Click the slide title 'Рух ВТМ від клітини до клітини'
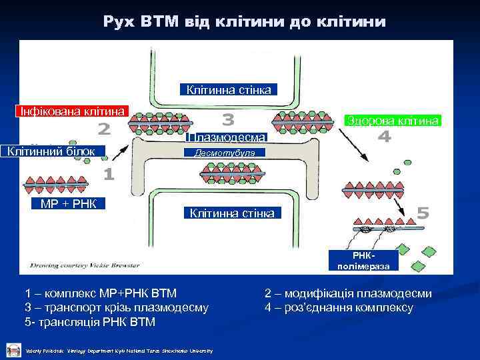coord(244,22)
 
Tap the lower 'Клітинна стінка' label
coord(231,213)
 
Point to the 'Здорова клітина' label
coord(392,121)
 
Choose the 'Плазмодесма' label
coord(227,137)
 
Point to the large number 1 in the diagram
coord(108,175)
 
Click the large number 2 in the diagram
coord(104,127)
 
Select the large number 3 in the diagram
coord(228,120)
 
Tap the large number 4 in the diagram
coord(384,137)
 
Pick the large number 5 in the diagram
coord(423,213)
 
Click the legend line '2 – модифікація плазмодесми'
coord(348,293)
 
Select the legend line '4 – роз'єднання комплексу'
coord(339,308)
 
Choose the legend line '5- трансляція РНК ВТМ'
coord(90,323)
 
